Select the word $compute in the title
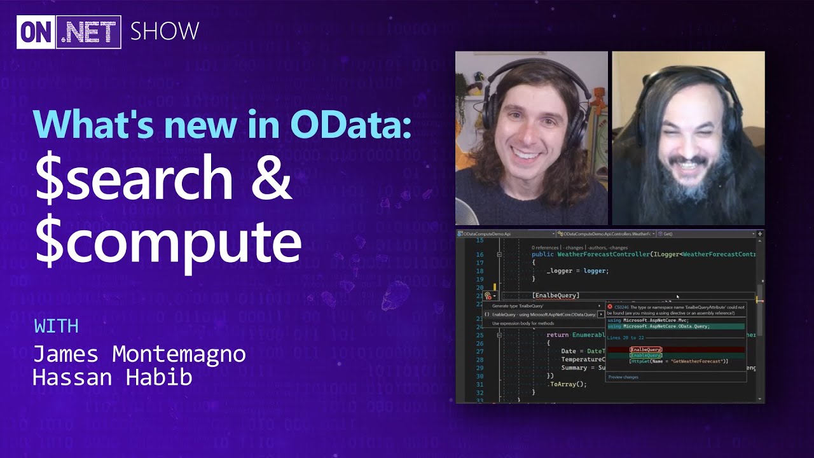tap(168, 242)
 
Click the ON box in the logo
tap(36, 32)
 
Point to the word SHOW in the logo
tap(165, 31)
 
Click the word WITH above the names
tap(56, 326)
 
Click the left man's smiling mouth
tap(527, 155)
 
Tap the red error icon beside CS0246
tap(610, 307)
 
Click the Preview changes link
tap(623, 377)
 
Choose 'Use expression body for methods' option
tap(523, 323)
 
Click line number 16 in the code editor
tap(479, 254)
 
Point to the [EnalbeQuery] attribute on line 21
tap(556, 295)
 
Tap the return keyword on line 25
tap(558, 335)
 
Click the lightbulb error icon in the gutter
tap(488, 295)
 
